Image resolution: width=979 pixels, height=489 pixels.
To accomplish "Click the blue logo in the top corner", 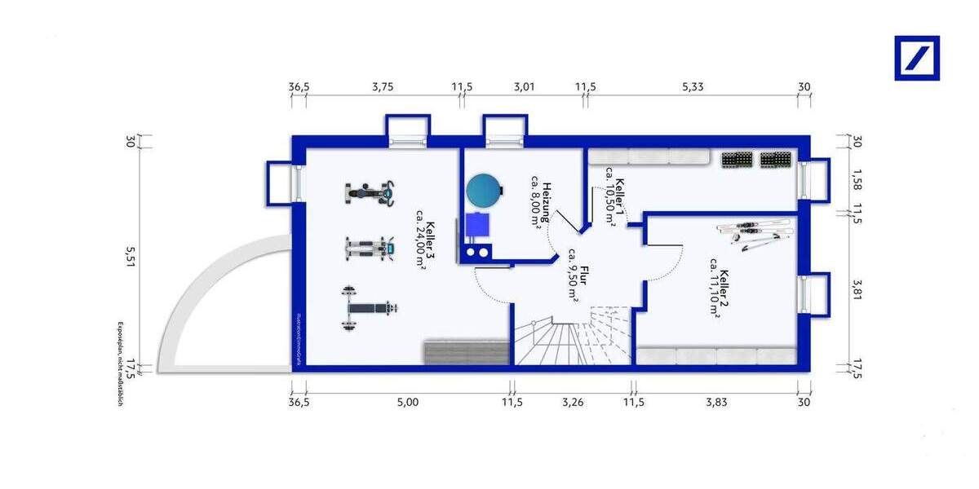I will (917, 58).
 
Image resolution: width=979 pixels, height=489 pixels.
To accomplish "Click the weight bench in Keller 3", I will (370, 308).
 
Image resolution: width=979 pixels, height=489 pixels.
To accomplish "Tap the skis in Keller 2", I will (755, 234).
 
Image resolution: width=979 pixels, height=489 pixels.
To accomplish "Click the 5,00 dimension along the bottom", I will (408, 402).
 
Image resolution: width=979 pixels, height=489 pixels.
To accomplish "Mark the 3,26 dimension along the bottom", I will (574, 402).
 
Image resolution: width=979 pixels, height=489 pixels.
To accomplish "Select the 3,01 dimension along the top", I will (523, 87).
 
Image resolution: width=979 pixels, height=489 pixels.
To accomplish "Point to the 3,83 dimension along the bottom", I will (716, 402).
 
